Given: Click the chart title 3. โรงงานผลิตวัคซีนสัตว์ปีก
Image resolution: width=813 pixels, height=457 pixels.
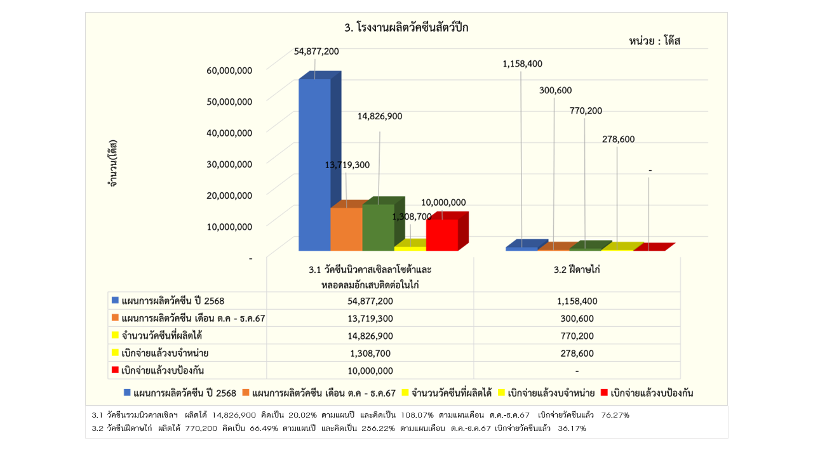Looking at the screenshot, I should coord(406,28).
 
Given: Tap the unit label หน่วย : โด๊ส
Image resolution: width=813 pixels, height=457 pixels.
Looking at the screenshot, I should coord(659,41).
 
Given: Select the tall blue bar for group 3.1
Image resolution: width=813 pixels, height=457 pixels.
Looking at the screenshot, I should coord(315,165).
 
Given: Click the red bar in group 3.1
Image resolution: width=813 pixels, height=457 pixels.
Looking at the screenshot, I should coord(442,234).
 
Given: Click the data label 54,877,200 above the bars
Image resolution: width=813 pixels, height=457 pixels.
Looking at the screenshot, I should coord(316,51).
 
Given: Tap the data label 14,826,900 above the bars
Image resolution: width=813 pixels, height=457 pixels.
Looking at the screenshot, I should coord(379,116).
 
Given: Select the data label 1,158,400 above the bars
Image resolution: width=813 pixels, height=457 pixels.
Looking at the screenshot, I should coord(522,63).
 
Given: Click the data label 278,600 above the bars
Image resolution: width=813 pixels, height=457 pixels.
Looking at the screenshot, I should coord(619,139).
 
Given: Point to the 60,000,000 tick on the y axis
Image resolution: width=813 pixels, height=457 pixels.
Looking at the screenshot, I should coord(229,70).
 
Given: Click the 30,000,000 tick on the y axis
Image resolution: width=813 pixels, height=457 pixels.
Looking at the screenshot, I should coord(229,164).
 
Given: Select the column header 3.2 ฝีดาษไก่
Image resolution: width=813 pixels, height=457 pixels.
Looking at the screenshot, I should coord(577,270).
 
